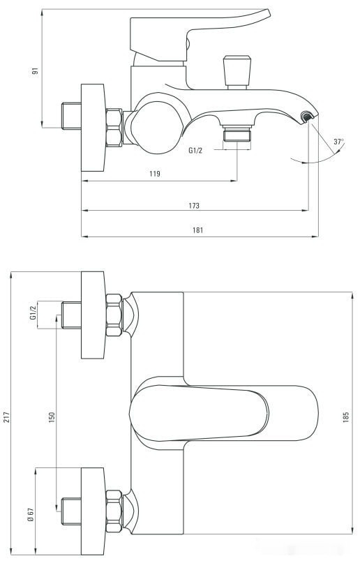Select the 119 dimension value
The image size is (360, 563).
[155, 174]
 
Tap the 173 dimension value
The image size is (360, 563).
[194, 205]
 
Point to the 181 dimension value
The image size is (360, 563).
[198, 230]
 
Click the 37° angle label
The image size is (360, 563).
[338, 142]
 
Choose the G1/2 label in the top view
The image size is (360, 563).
[33, 313]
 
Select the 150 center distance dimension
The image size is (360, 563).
[51, 416]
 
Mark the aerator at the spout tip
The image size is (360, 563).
[307, 116]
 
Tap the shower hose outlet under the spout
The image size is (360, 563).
[237, 135]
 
